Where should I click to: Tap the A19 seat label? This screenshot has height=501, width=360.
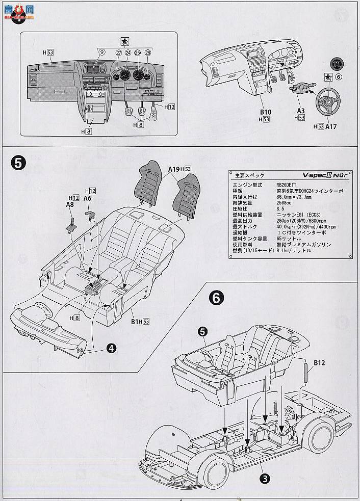[174, 169]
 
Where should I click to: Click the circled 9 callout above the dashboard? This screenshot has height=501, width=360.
[101, 52]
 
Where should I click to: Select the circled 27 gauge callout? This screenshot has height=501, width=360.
[118, 52]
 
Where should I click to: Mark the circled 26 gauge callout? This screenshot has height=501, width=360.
[148, 52]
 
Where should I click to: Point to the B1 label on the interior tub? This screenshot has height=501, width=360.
[133, 322]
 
